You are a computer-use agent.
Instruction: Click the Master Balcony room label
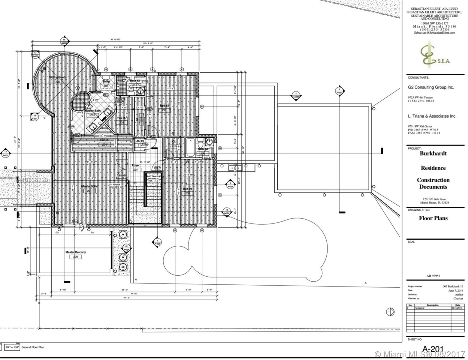(75, 252)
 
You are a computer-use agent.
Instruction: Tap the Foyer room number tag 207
(136, 170)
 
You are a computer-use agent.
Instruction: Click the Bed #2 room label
(164, 106)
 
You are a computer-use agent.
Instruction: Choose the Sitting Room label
(58, 77)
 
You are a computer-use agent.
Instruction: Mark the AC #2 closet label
(140, 141)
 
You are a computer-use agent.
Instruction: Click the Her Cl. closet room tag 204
(105, 145)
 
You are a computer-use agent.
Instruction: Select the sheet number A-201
(433, 349)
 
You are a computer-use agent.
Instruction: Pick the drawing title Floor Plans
(433, 218)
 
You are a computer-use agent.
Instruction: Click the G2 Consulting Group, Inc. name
(431, 87)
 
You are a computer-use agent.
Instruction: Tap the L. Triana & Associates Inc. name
(432, 116)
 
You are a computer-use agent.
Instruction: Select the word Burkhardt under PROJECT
(433, 153)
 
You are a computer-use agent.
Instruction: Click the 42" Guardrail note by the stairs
(153, 178)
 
